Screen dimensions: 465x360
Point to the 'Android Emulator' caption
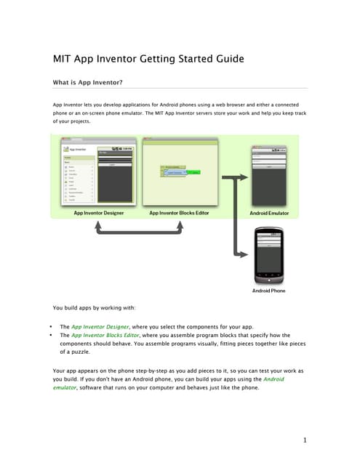[269, 213]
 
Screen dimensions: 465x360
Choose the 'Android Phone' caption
[269, 291]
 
